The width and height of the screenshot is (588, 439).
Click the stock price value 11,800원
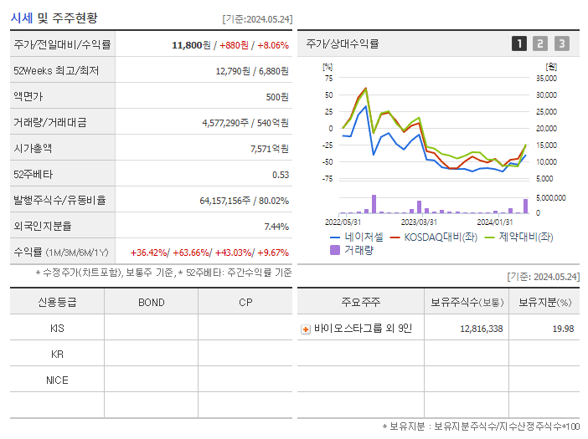click(x=191, y=45)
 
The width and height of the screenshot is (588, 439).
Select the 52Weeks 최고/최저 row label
click(x=56, y=71)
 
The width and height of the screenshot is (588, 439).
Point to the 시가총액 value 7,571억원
click(x=269, y=149)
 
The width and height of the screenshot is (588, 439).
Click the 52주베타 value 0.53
click(x=281, y=175)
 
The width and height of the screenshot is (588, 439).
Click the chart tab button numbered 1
click(x=519, y=43)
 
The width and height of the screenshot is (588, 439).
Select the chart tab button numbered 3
click(x=561, y=43)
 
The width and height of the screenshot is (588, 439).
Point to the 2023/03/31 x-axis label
click(x=419, y=222)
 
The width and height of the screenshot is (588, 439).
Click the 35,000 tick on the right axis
click(x=545, y=78)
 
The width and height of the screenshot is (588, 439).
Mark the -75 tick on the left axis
click(x=328, y=178)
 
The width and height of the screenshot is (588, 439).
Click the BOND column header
click(x=151, y=303)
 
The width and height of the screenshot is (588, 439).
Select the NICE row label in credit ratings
click(x=57, y=380)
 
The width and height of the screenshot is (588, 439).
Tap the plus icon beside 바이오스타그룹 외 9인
click(x=306, y=329)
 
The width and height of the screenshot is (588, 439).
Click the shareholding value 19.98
click(x=563, y=329)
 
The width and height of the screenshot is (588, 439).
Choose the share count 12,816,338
click(x=482, y=329)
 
